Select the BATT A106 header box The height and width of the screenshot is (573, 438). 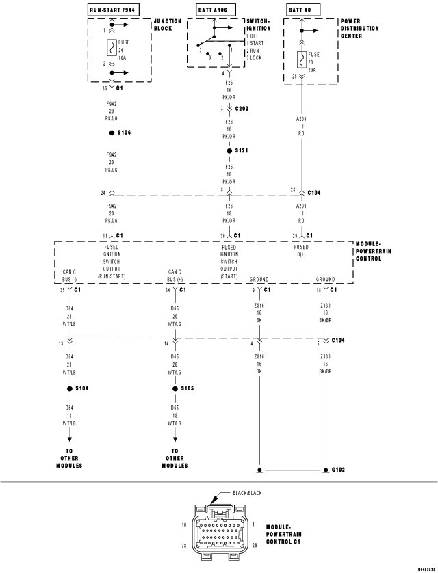[211, 9]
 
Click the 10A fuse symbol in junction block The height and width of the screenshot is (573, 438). [109, 49]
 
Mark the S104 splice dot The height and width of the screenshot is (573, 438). [69, 388]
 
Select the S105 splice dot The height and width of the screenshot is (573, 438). [175, 388]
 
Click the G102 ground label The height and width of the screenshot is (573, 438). [339, 470]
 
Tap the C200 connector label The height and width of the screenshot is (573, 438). [242, 109]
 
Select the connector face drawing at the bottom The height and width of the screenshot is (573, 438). [219, 527]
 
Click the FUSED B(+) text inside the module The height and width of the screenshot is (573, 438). [300, 251]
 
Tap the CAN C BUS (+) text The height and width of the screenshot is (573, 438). [175, 276]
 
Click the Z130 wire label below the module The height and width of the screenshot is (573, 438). [325, 306]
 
